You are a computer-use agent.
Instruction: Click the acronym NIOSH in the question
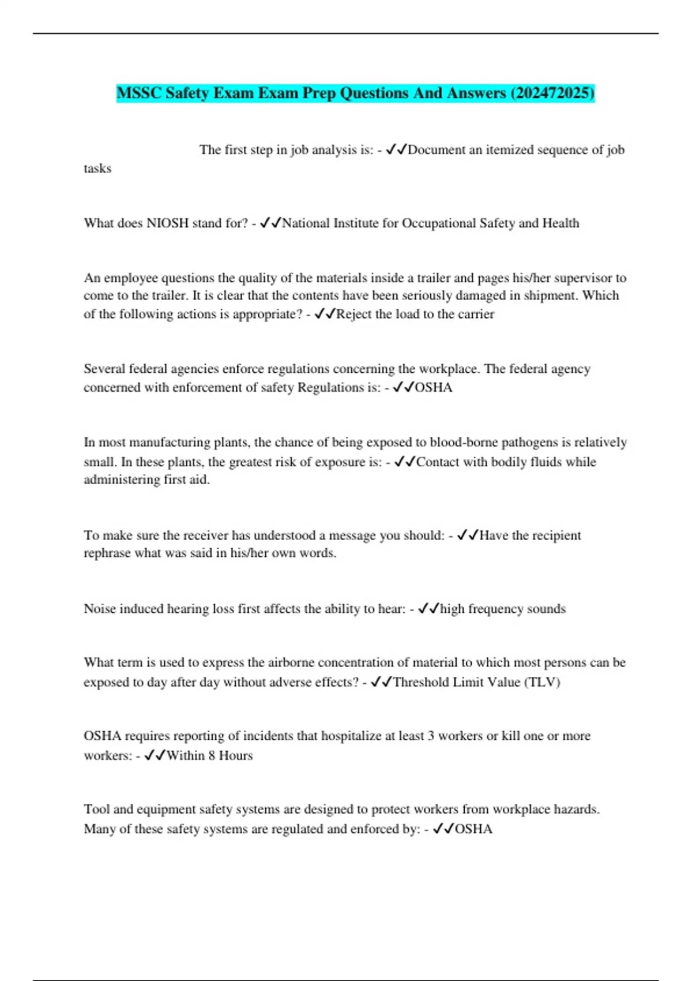pos(167,223)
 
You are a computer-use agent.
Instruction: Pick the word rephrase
pos(107,553)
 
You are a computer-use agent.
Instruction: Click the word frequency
pos(495,609)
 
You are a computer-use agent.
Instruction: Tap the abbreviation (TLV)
pos(541,682)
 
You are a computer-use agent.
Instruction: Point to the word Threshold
pos(420,682)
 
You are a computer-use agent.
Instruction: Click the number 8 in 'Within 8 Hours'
pos(212,755)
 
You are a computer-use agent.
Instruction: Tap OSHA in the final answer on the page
pos(473,829)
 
